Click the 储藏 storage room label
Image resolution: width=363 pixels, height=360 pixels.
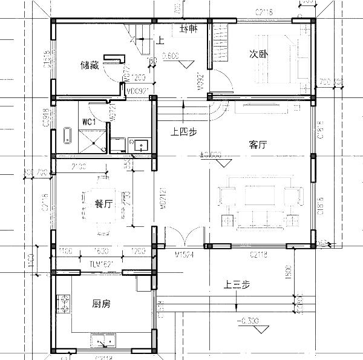pos(90,65)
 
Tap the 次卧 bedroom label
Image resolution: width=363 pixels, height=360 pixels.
pos(259,53)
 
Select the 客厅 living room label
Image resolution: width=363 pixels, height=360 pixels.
pos(258,145)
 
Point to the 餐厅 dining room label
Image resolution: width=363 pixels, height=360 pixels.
pos(103,204)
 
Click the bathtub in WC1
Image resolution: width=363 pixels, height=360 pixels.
pos(66,136)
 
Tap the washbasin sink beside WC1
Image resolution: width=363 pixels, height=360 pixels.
pos(142,144)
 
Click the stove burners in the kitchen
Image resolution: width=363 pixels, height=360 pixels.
pos(64,304)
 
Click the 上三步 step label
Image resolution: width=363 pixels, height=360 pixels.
pos(236,286)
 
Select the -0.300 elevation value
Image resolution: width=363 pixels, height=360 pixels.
pos(249,320)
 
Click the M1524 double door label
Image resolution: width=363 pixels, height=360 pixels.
pos(184,254)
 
